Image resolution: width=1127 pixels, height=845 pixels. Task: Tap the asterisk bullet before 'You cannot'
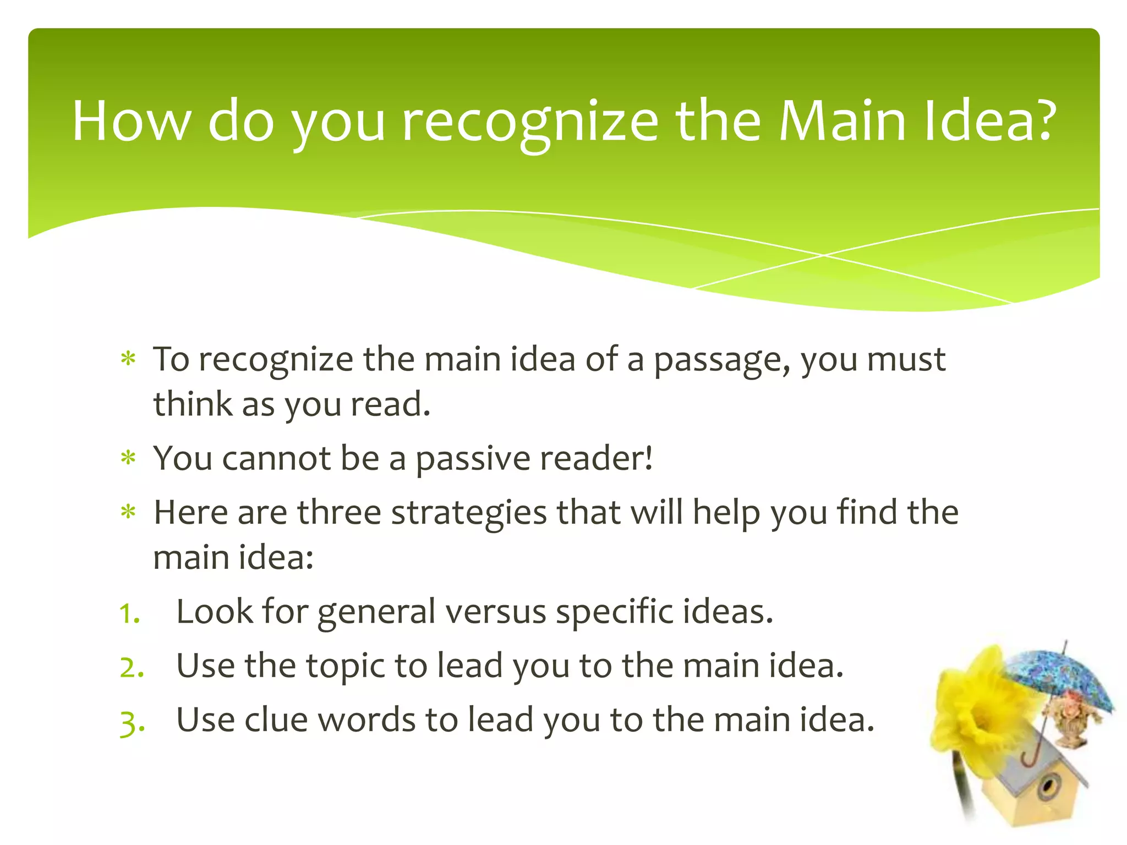[128, 458]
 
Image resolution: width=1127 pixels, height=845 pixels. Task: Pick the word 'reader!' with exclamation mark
[597, 458]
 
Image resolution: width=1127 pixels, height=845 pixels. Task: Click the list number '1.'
[130, 613]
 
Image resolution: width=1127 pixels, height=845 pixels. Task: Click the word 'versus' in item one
[495, 612]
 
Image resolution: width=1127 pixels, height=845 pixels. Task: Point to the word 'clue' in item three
[276, 720]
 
